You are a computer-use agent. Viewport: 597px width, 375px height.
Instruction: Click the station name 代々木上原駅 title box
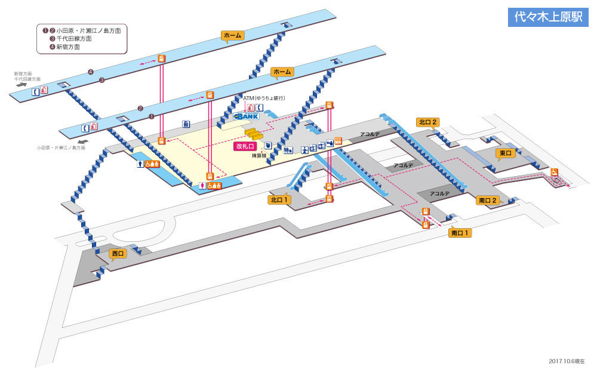548,17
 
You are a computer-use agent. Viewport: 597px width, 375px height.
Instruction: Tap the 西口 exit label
118,254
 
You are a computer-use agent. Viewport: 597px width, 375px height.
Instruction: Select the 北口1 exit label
279,200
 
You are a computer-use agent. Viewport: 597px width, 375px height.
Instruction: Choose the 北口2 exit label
428,122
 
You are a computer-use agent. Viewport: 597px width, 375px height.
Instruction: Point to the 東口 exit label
506,153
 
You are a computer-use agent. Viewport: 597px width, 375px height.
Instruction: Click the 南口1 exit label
460,233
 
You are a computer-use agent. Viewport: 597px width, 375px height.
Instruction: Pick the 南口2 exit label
488,201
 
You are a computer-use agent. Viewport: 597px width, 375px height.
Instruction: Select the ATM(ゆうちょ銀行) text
264,98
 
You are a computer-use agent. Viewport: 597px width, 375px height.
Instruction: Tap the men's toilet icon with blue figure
140,164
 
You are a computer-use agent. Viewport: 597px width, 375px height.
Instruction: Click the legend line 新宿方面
68,47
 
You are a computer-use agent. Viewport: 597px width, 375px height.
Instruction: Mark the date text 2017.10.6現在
567,361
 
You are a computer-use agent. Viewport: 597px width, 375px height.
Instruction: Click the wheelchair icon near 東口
554,172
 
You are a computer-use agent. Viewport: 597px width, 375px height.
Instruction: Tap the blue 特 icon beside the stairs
288,149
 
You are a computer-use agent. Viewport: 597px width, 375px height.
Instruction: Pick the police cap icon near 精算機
268,145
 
